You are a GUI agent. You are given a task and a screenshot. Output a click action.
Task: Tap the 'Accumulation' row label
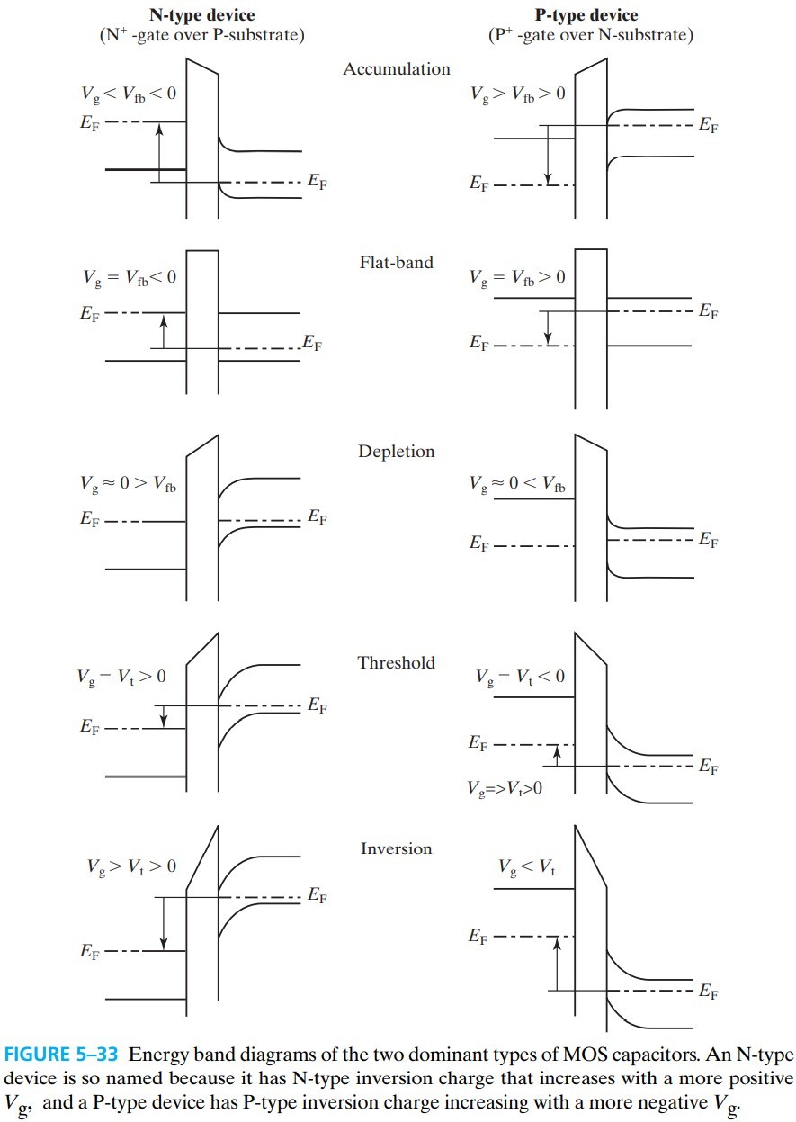[397, 69]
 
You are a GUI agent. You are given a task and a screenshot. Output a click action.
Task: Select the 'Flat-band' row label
[396, 263]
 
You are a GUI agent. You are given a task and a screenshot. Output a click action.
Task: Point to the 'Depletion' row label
[397, 452]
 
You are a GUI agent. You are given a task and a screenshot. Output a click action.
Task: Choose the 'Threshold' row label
[397, 663]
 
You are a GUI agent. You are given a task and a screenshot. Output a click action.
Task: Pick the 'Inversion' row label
[397, 848]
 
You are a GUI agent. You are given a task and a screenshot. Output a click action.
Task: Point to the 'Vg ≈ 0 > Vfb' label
[126, 485]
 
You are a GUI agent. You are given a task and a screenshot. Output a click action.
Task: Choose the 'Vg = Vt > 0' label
[121, 677]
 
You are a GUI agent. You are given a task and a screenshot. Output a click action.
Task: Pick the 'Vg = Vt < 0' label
[521, 677]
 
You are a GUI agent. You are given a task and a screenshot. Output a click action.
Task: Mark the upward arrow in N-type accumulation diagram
[159, 153]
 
